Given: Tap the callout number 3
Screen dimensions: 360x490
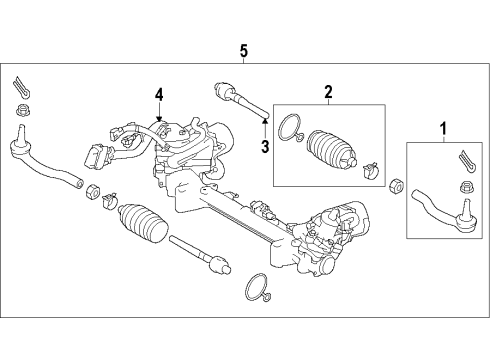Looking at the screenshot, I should click(264, 147).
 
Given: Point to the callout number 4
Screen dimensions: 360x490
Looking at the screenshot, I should click(156, 96).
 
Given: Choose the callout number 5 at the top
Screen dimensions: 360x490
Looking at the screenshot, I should click(243, 50).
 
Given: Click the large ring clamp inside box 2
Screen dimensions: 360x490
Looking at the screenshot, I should click(290, 128).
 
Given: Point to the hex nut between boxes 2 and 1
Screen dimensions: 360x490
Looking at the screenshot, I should click(396, 184).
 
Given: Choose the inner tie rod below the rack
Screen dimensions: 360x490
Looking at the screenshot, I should click(200, 257).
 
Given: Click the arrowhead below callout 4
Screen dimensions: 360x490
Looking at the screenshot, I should click(157, 118).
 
